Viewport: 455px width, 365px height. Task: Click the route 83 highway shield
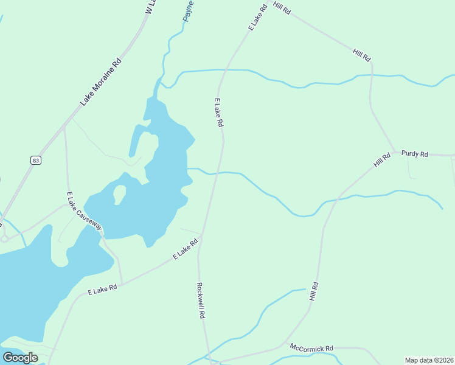point(36,160)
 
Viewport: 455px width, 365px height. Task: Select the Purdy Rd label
point(415,154)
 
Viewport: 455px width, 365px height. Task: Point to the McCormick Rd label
point(311,348)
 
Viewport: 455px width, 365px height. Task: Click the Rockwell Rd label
point(201,301)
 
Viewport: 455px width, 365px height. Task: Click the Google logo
point(21,358)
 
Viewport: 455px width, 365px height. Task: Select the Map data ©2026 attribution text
point(429,360)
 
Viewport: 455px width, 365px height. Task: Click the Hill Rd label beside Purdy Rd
point(382,161)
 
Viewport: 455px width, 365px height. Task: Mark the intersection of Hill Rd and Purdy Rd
point(395,151)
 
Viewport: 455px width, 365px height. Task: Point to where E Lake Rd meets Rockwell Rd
point(201,237)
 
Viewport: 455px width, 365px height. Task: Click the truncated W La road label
point(150,7)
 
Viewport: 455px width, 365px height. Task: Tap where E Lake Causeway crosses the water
point(102,232)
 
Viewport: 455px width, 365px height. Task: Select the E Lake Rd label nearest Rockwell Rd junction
point(186,249)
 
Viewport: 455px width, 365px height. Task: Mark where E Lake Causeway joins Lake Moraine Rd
point(64,129)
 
